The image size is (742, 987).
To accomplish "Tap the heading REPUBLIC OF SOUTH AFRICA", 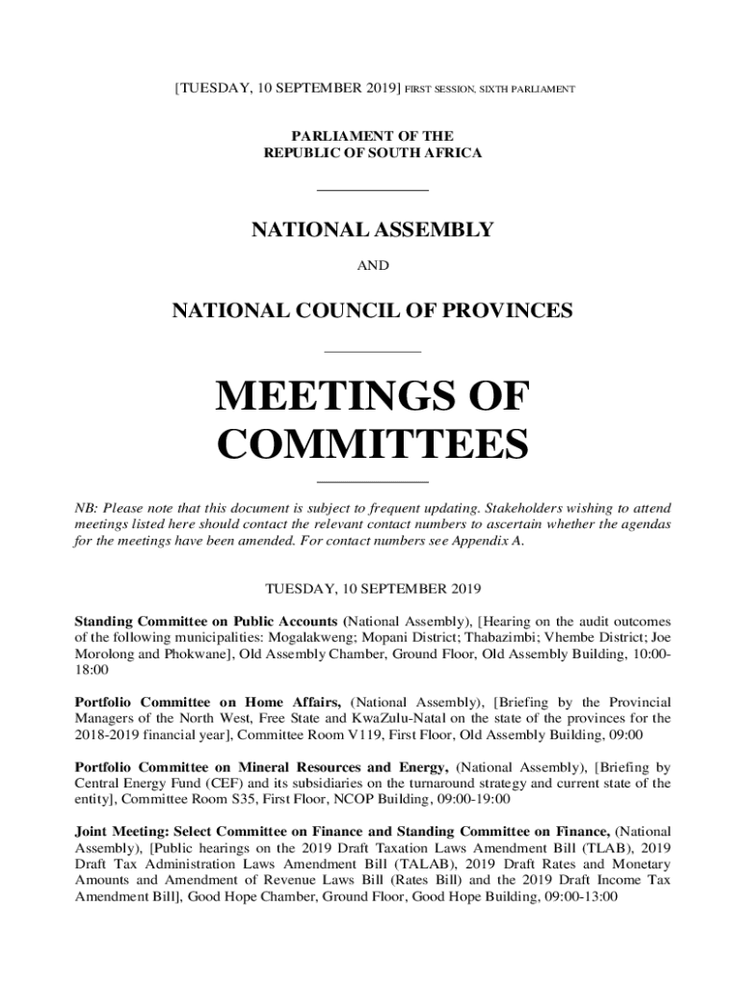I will pos(372,153).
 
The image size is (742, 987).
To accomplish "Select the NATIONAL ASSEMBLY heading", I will pos(372,230).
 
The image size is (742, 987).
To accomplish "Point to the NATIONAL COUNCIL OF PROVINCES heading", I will pos(372,311).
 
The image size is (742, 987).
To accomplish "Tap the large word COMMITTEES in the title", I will pos(372,445).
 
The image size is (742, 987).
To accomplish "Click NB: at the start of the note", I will pos(87,508).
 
